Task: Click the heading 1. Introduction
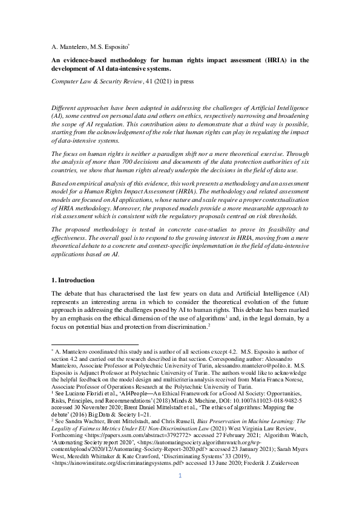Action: click(73, 280)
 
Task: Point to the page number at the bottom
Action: click(180, 493)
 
